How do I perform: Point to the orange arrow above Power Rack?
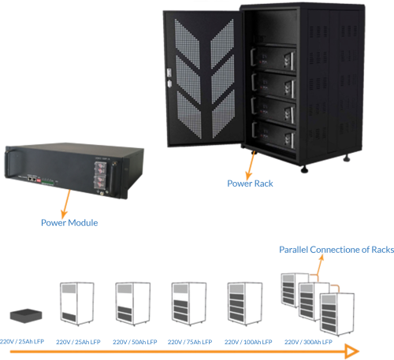(252, 164)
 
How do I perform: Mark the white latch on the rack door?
(168, 80)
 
